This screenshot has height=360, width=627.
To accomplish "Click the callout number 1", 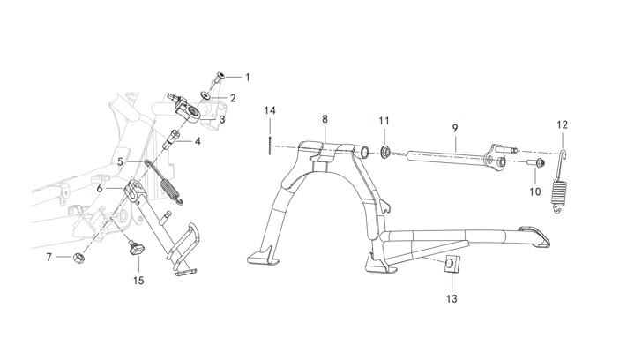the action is (x=248, y=77).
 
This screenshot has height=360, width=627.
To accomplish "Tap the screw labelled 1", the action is (x=220, y=77).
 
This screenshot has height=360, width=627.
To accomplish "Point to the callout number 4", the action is (x=198, y=141).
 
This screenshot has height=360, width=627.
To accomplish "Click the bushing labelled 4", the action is (x=171, y=138).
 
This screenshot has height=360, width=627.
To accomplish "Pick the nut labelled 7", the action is (x=79, y=257).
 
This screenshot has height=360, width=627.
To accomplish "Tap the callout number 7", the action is (x=49, y=257).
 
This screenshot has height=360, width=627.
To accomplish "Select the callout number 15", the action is (x=138, y=281).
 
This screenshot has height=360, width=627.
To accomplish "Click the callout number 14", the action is (x=270, y=110).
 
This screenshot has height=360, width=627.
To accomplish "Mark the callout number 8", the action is (x=325, y=119).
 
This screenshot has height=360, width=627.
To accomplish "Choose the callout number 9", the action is (x=455, y=128).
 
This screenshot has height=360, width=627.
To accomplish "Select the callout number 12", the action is (x=563, y=124).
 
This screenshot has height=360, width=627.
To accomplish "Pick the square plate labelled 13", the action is (x=452, y=264).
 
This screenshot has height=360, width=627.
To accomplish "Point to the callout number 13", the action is (x=452, y=298).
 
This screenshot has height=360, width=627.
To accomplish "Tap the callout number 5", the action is (x=120, y=162).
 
